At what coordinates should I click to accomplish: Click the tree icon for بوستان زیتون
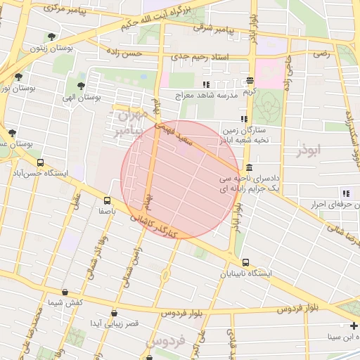point(51,37)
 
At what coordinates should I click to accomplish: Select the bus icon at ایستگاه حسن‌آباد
point(40,162)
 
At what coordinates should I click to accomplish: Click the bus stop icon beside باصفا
point(107,200)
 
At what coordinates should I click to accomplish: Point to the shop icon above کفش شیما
point(65,292)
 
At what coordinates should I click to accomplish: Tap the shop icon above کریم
point(250,82)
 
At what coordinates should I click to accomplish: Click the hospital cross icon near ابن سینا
point(352,326)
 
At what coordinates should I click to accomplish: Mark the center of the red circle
point(181,179)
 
